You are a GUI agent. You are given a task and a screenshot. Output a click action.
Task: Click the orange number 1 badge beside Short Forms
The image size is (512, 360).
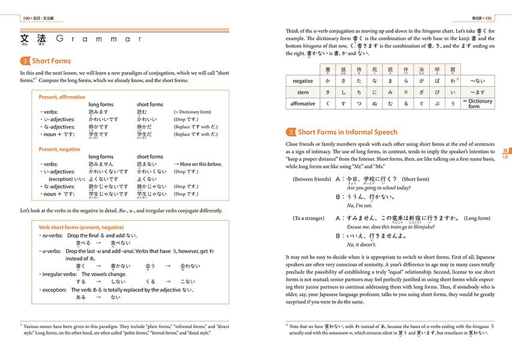point(25,61)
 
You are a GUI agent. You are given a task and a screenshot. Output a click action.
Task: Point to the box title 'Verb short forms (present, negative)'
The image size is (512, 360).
point(81,228)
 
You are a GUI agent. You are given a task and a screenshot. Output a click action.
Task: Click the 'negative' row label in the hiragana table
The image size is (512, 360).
point(303,80)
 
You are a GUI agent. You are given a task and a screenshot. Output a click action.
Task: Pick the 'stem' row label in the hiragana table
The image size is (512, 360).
point(303,92)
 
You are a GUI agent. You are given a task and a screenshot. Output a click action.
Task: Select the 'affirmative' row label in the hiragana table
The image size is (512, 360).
point(303,104)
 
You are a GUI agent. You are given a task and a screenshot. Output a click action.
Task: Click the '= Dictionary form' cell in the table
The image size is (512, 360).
point(480,104)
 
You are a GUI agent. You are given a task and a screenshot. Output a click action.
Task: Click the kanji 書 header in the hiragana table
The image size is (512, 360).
point(327,69)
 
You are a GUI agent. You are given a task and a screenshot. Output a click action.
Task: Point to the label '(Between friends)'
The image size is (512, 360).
point(311,179)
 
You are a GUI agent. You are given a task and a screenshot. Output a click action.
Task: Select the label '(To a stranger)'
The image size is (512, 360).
point(309,218)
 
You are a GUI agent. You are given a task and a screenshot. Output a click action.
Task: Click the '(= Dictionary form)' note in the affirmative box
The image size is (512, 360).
point(192,112)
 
